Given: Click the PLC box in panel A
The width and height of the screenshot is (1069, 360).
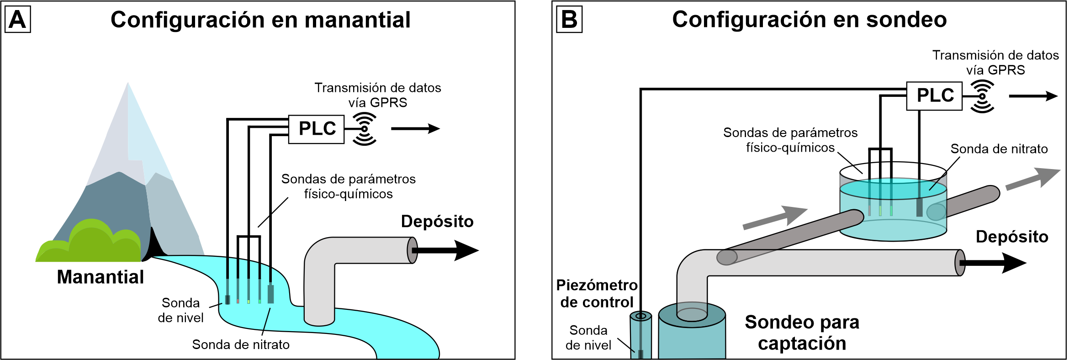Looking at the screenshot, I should point(316,129).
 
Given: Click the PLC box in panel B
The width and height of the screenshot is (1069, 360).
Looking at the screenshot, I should point(934,96).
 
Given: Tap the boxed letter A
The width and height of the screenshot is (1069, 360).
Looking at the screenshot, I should point(17,20).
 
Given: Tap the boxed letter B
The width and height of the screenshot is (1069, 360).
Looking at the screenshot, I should point(569,20).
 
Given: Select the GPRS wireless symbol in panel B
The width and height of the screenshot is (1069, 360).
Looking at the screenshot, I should point(982,96).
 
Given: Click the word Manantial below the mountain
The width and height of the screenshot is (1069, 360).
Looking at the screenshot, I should point(101,277).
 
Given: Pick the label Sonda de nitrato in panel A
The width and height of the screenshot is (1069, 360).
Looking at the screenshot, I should point(241,344).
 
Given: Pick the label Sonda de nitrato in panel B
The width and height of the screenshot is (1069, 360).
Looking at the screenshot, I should point(999,149).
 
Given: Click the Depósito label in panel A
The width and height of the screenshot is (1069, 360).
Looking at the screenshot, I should point(437,222).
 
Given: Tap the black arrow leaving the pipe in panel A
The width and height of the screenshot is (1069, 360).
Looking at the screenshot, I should point(448,250).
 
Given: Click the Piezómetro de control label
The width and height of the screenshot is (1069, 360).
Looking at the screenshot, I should point(597,294).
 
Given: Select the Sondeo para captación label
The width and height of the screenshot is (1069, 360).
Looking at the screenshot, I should point(802,333).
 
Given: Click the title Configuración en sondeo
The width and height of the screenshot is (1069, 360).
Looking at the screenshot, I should point(809,20).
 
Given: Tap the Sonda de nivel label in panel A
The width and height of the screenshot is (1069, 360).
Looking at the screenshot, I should point(180,310).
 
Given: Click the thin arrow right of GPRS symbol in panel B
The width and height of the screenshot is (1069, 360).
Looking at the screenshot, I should point(1033,96).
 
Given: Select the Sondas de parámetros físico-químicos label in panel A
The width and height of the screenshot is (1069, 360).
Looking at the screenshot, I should point(348,186).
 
